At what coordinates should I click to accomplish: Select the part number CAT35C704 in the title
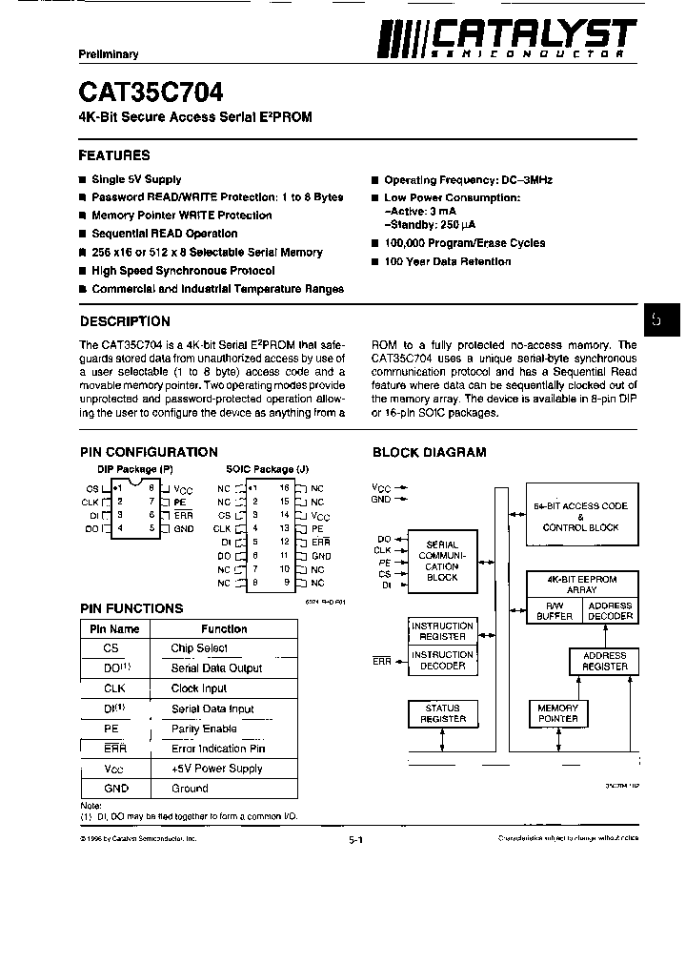coord(151,92)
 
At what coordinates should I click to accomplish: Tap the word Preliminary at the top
coord(109,54)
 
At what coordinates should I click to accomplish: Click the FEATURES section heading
coord(114,154)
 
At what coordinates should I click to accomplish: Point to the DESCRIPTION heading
coord(125,321)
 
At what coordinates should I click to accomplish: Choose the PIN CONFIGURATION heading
coord(149,452)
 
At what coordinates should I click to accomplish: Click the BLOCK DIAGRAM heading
coord(429,452)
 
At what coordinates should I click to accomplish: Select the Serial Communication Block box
coord(442,562)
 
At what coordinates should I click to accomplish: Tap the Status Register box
coord(443,714)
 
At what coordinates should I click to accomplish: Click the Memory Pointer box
coord(558,714)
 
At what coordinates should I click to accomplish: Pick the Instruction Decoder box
coord(443,661)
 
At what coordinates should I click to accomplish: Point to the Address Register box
coord(604,661)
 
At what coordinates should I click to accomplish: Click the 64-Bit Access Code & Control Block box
coord(580,517)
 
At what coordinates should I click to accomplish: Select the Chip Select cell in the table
coord(199,648)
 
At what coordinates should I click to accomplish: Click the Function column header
coord(224,629)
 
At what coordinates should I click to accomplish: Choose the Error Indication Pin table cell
coord(218,749)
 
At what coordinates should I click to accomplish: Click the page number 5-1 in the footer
coord(355,840)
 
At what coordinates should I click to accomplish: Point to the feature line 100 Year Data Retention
coord(447,261)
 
